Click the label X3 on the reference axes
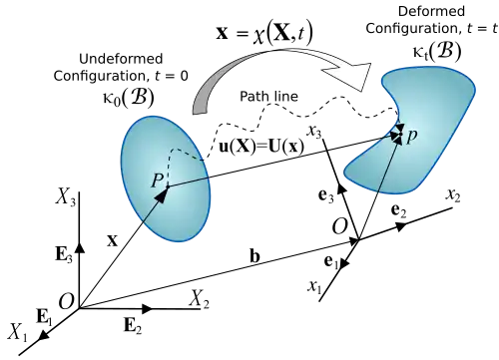pyautogui.click(x=66, y=197)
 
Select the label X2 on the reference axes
pyautogui.click(x=200, y=298)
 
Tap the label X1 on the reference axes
pyautogui.click(x=17, y=332)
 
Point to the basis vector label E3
pyautogui.click(x=64, y=255)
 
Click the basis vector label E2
pyautogui.click(x=133, y=325)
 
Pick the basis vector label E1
pyautogui.click(x=44, y=317)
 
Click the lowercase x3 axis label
pyautogui.click(x=314, y=131)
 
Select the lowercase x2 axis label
pyautogui.click(x=453, y=195)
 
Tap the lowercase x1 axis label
pyautogui.click(x=314, y=286)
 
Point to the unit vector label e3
pyautogui.click(x=325, y=195)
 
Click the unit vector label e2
pyautogui.click(x=399, y=210)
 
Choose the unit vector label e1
pyautogui.click(x=331, y=262)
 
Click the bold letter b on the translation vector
pyautogui.click(x=254, y=255)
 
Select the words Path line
pyautogui.click(x=268, y=97)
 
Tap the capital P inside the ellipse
pyautogui.click(x=158, y=181)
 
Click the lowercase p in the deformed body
pyautogui.click(x=412, y=136)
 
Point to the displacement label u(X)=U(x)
pyautogui.click(x=261, y=147)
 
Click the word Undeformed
pyautogui.click(x=121, y=59)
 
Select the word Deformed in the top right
pyautogui.click(x=431, y=11)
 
